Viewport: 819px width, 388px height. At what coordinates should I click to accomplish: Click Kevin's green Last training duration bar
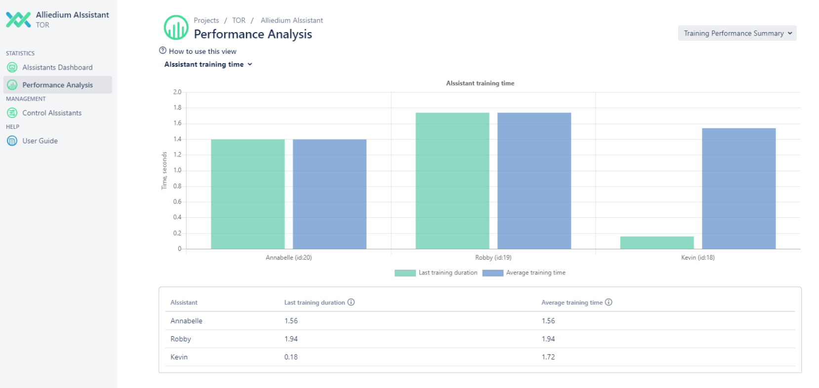(x=657, y=242)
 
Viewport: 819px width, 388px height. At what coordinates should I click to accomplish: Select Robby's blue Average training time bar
(x=534, y=181)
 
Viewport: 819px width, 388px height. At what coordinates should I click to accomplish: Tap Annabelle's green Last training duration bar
(x=247, y=194)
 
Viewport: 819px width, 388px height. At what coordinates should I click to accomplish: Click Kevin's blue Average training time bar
(x=738, y=189)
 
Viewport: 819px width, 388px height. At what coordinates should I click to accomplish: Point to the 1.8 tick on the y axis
(x=177, y=108)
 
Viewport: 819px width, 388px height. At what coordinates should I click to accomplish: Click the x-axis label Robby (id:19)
(x=493, y=258)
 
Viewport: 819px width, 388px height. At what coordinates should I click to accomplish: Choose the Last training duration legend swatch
(x=405, y=273)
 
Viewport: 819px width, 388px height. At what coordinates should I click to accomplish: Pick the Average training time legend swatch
(x=492, y=273)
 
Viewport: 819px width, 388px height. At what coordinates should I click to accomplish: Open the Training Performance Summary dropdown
(x=737, y=34)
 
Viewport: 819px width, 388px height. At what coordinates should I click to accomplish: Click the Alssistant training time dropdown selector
(x=208, y=65)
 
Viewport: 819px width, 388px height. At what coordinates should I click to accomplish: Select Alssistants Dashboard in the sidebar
(x=57, y=68)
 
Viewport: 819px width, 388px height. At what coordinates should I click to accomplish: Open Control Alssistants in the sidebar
(x=52, y=113)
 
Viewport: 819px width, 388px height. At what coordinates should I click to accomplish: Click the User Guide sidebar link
(x=40, y=141)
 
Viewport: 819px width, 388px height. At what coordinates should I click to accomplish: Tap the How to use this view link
(x=203, y=51)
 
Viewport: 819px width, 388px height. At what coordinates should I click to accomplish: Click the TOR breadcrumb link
(x=239, y=21)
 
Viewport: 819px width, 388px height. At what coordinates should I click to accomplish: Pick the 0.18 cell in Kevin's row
(x=291, y=357)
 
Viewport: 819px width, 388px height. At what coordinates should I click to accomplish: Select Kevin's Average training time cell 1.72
(x=548, y=357)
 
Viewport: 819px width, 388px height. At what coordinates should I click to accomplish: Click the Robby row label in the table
(x=181, y=339)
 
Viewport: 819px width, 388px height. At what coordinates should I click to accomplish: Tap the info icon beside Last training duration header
(x=351, y=302)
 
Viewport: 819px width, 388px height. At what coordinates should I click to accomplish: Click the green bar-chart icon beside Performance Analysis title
(x=176, y=28)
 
